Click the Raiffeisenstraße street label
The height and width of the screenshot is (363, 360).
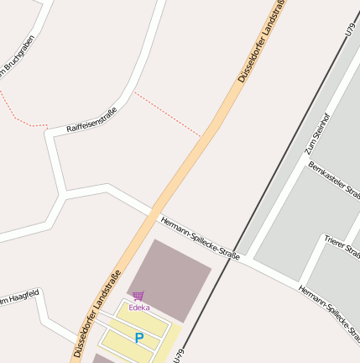point(91,119)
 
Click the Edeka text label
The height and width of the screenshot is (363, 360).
point(138,308)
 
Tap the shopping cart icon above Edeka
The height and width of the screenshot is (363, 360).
point(138,296)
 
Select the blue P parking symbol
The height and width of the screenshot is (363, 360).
point(138,338)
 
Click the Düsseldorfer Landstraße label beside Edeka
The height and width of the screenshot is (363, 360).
point(97,313)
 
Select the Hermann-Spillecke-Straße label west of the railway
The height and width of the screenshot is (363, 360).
point(199,238)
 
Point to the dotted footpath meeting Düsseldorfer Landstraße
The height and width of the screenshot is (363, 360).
point(201,134)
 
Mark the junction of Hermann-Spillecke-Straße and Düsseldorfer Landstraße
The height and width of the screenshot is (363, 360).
point(152,213)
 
